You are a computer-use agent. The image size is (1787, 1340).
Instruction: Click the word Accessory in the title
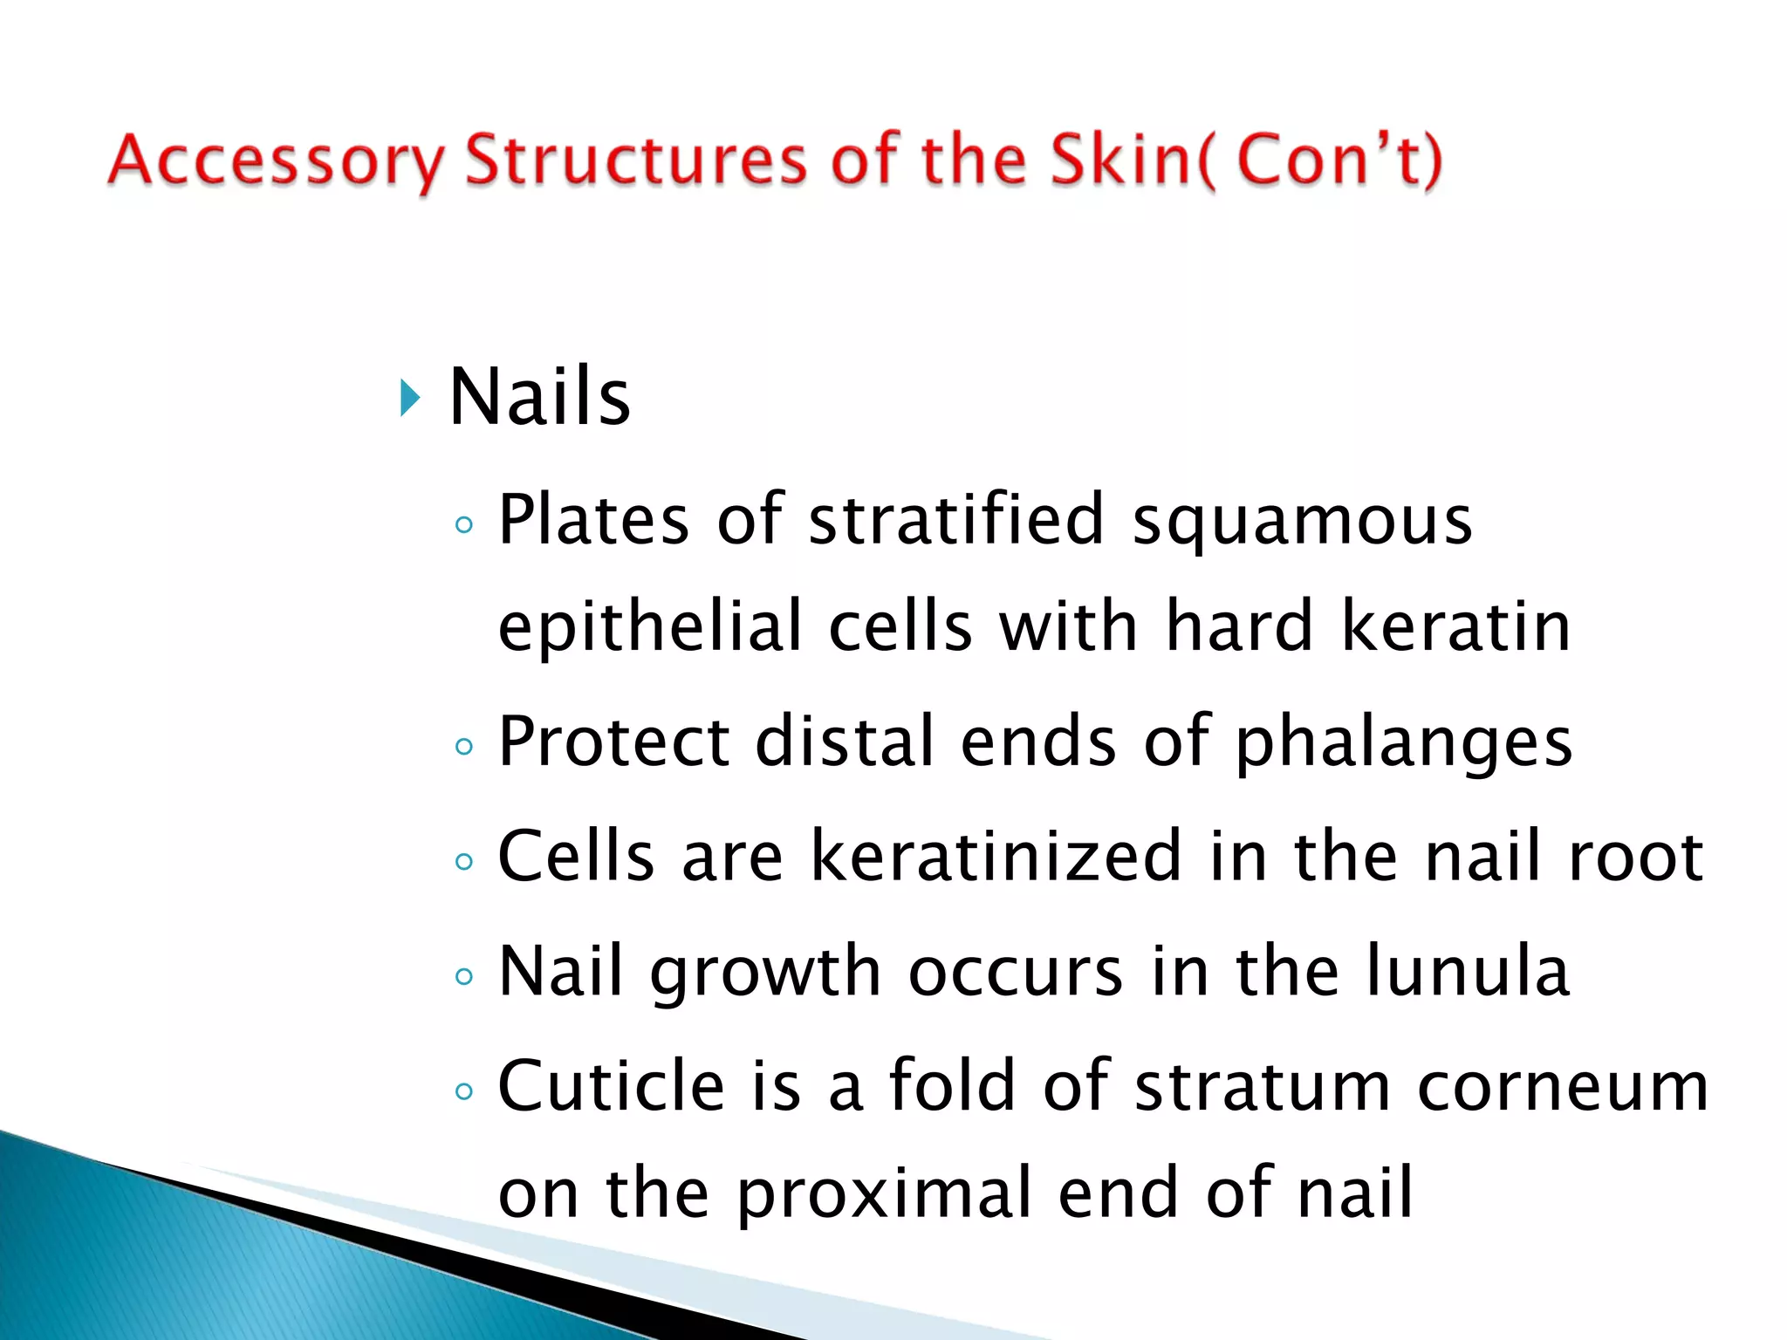(276, 161)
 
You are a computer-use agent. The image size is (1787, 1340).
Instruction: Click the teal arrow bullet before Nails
(410, 399)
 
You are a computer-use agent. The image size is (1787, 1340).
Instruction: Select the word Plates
(593, 521)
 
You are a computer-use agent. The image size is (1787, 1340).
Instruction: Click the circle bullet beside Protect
(464, 747)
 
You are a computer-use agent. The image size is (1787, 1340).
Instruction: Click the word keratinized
(996, 857)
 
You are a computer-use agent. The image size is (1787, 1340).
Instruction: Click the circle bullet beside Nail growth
(464, 976)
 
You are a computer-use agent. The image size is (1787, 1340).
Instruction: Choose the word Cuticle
(611, 1086)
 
